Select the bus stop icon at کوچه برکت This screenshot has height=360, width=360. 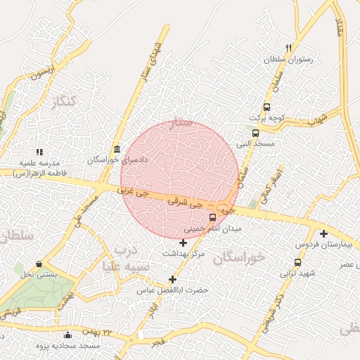click(x=266, y=107)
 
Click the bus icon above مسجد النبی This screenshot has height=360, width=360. click(x=255, y=132)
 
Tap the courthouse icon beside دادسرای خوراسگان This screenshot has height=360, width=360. click(x=116, y=149)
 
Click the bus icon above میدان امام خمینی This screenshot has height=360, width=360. click(x=213, y=217)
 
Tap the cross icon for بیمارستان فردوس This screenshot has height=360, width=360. click(x=323, y=233)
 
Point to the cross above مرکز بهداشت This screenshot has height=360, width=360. click(x=184, y=243)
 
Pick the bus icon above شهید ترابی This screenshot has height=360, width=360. click(x=298, y=262)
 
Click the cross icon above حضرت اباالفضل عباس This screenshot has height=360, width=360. click(x=173, y=279)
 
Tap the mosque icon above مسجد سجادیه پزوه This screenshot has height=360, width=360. click(x=67, y=335)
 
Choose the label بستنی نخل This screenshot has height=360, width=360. click(x=37, y=274)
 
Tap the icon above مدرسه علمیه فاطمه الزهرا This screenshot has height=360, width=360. click(x=39, y=151)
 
